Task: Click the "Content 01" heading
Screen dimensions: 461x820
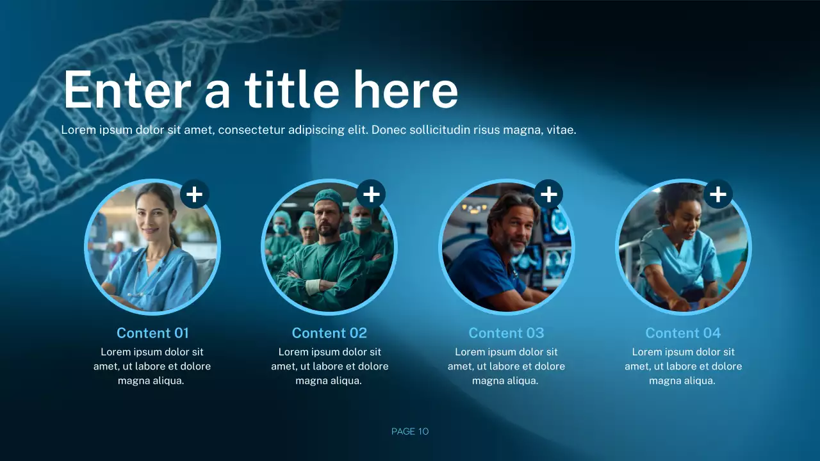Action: coord(152,333)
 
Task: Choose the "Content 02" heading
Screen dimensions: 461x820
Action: coord(329,333)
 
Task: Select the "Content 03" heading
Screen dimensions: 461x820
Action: coord(506,333)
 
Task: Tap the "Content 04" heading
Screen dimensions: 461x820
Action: coord(683,333)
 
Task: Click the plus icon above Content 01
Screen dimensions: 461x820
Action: coord(195,193)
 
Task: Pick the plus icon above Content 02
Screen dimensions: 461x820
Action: coord(371,193)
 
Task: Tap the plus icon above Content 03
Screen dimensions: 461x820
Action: coord(548,193)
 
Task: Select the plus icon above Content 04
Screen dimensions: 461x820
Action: coord(718,193)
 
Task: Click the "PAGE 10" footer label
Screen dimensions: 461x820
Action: coord(410,432)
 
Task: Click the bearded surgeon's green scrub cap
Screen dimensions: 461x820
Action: coord(328,197)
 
